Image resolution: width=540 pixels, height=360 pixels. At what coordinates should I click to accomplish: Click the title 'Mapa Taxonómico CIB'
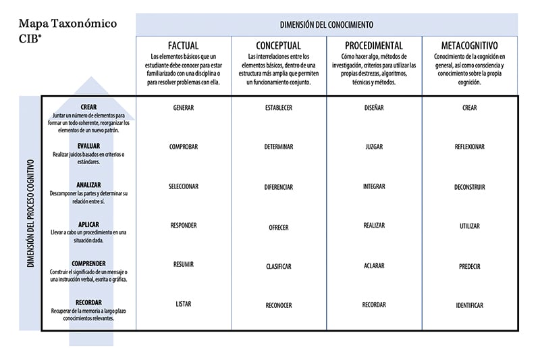point(67,31)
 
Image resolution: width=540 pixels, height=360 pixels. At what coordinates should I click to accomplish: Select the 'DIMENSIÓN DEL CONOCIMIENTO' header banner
point(327,24)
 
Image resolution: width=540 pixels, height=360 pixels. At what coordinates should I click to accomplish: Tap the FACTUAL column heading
point(183,46)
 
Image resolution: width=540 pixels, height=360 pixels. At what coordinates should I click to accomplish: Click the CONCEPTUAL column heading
point(278,46)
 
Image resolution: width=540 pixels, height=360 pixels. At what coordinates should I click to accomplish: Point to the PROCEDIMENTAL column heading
point(373,46)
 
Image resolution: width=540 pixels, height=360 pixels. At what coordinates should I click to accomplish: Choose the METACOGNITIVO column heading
point(469,46)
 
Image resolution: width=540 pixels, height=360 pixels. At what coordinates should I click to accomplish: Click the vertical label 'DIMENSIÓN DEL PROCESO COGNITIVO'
point(30,213)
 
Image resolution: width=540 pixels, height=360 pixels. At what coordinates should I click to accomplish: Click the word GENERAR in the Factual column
point(183,107)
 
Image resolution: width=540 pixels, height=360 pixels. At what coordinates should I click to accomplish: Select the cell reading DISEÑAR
point(373,107)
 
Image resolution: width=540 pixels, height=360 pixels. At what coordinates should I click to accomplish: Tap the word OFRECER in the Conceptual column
point(278,228)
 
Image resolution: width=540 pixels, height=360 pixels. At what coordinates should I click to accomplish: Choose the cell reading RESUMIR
point(183,265)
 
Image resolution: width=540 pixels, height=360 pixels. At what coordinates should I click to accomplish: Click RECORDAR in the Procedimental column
point(373,304)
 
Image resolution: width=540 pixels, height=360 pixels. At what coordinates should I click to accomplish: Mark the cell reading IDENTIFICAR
point(469,305)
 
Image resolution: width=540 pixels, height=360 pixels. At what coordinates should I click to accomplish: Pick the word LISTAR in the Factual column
point(183,304)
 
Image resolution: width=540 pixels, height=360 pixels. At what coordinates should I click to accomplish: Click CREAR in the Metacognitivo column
point(469,107)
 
